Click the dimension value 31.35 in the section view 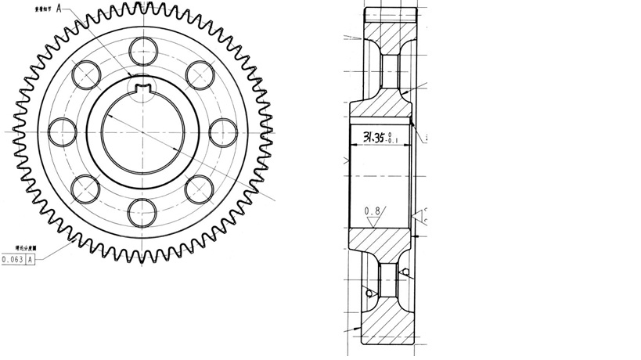374,138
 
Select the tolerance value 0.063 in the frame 13,259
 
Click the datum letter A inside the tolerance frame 31,259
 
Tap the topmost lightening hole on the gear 143,49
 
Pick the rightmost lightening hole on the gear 224,130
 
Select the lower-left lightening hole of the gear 86,187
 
